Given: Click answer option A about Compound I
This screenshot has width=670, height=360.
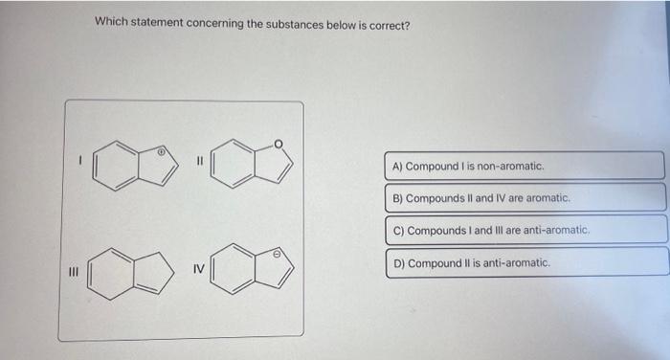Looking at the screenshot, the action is [x=525, y=166].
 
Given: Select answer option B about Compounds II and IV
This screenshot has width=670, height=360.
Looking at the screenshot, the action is [x=525, y=198].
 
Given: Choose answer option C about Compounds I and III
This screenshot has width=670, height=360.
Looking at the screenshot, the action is [x=525, y=231].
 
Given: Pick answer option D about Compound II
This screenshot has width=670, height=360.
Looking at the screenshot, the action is [x=525, y=262].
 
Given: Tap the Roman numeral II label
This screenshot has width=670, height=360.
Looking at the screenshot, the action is [x=199, y=162].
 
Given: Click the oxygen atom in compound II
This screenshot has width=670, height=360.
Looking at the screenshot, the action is [x=279, y=145].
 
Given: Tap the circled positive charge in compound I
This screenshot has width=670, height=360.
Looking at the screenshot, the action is [x=163, y=150].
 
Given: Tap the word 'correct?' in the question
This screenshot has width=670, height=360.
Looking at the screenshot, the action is [x=388, y=24].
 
